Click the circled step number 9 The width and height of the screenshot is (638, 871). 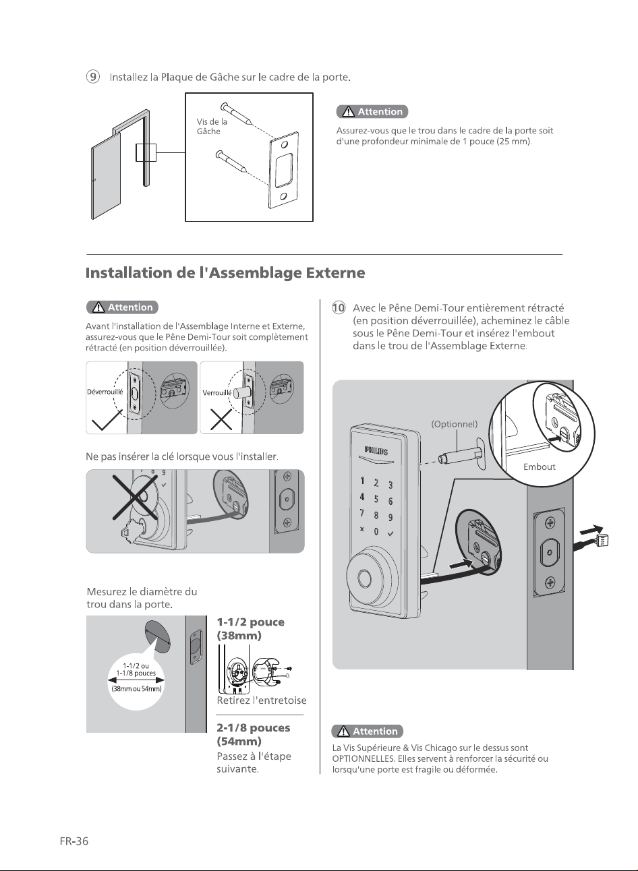click(92, 77)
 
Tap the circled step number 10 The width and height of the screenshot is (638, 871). click(339, 307)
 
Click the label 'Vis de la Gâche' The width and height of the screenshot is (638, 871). click(212, 126)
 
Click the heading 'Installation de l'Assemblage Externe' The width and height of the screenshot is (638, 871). click(225, 272)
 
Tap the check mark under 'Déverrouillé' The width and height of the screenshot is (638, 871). click(107, 420)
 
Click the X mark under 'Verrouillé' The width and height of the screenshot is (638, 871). click(221, 419)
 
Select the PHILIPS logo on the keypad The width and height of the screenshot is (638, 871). click(376, 451)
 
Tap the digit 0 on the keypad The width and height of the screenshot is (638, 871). click(376, 531)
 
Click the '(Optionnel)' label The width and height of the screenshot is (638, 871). click(454, 424)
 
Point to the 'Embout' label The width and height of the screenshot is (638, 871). click(539, 467)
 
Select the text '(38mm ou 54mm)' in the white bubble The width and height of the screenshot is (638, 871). click(136, 688)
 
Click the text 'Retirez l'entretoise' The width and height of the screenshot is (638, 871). click(262, 700)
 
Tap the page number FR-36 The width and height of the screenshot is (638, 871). click(74, 841)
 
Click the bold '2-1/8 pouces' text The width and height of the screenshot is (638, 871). click(254, 727)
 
